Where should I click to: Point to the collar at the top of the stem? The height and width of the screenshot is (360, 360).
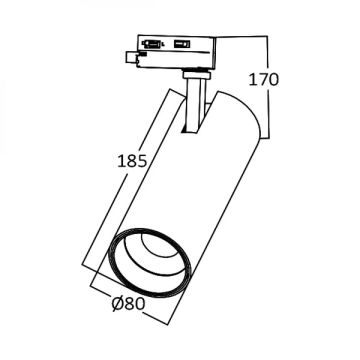(x=196, y=76)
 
